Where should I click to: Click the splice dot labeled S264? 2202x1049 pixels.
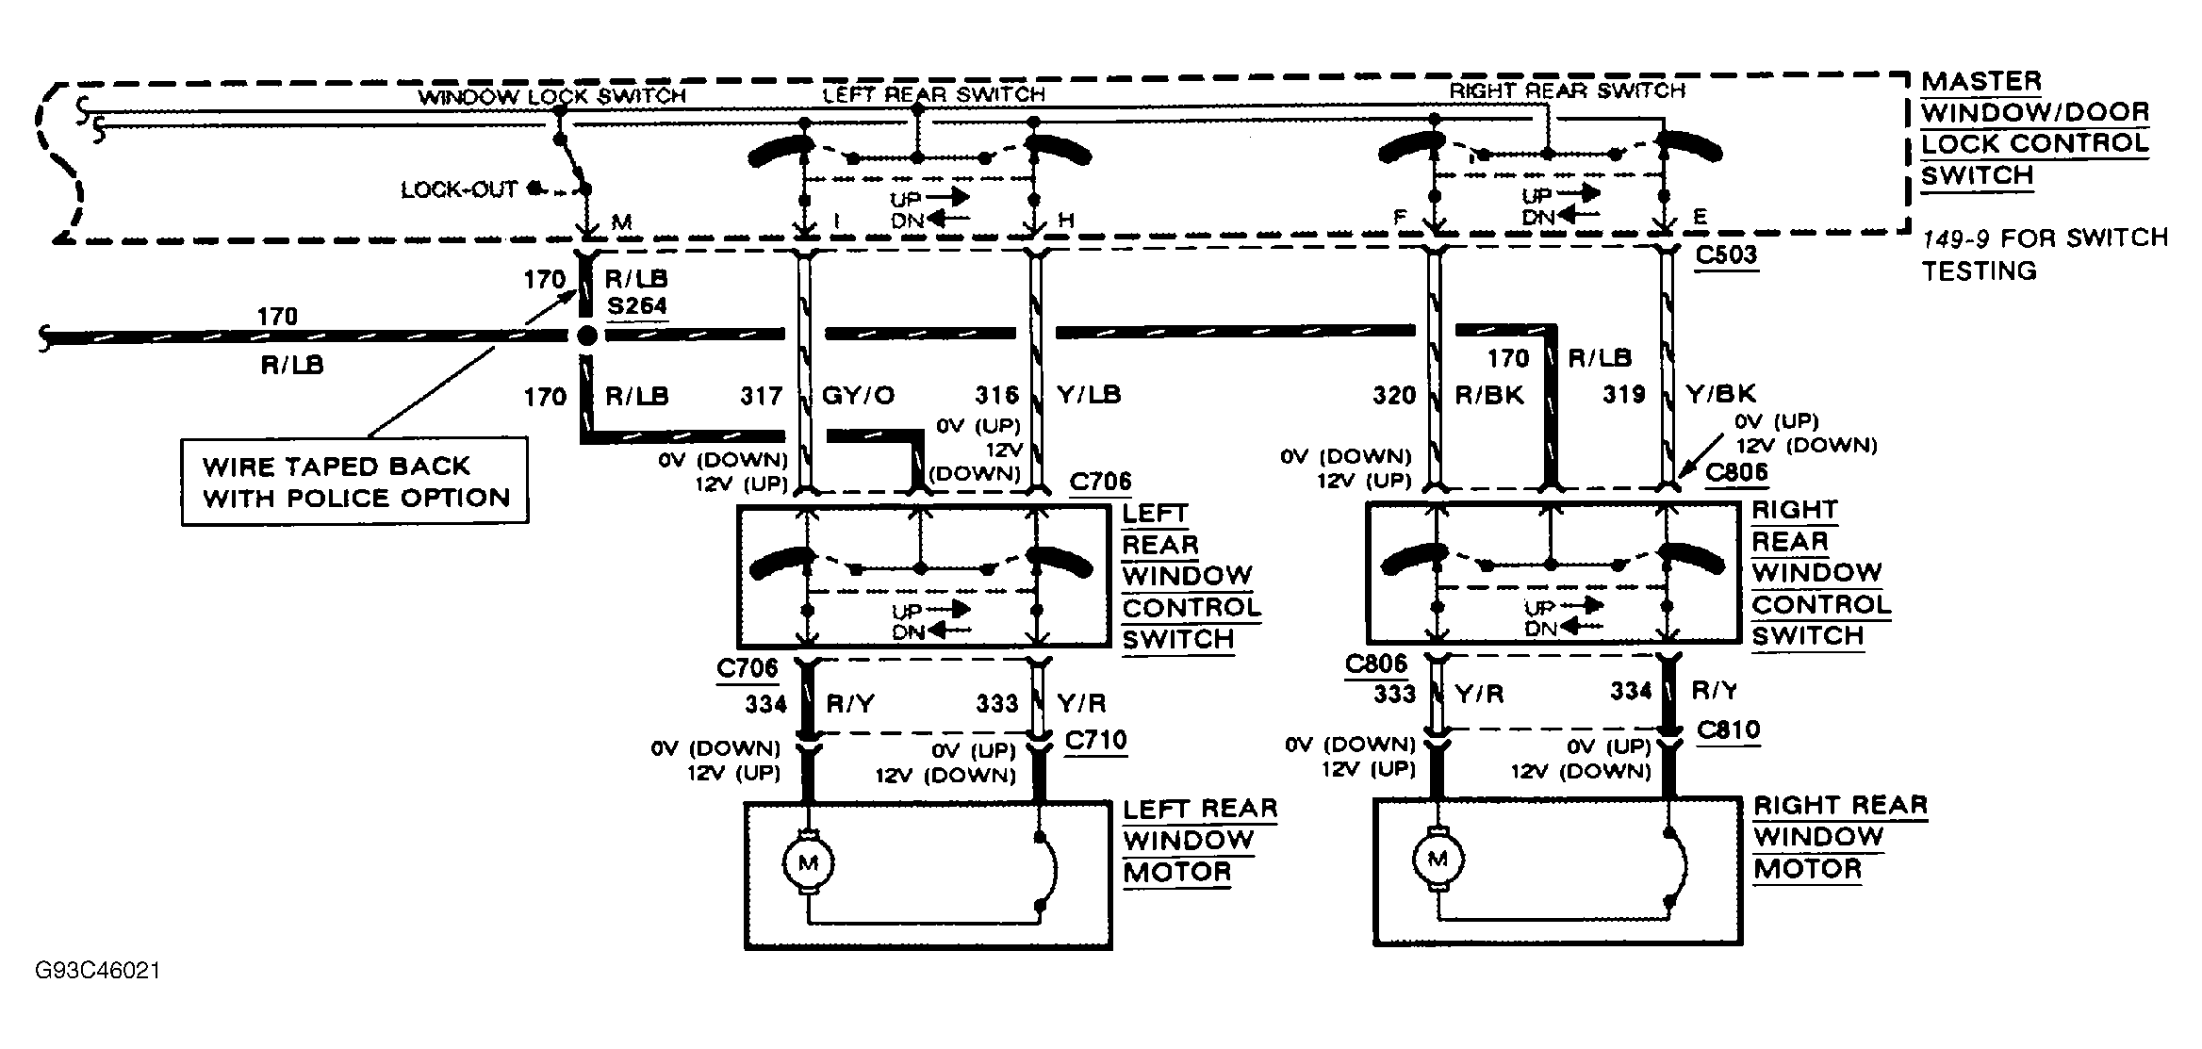click(x=586, y=336)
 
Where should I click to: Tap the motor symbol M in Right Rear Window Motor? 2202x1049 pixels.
click(x=1438, y=859)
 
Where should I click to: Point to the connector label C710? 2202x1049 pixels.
click(x=1095, y=740)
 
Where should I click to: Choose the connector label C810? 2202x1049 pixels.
click(x=1728, y=730)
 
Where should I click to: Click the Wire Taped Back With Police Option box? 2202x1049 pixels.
click(x=354, y=482)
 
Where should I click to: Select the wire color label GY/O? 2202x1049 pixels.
click(x=858, y=396)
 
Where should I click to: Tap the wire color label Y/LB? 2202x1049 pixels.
click(x=1089, y=395)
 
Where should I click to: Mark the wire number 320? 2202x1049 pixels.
click(x=1394, y=396)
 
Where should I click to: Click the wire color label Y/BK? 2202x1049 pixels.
click(x=1720, y=394)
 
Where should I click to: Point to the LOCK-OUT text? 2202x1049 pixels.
click(x=459, y=190)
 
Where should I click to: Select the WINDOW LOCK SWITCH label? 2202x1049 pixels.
click(x=551, y=96)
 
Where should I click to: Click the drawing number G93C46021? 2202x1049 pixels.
click(x=97, y=970)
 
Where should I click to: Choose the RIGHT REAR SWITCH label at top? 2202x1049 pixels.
click(x=1567, y=91)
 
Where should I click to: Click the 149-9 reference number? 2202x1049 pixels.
click(x=1956, y=238)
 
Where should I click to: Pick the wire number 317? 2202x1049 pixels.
click(x=762, y=396)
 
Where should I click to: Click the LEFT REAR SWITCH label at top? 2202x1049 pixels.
click(x=933, y=94)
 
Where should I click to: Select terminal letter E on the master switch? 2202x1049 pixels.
click(x=1700, y=219)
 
